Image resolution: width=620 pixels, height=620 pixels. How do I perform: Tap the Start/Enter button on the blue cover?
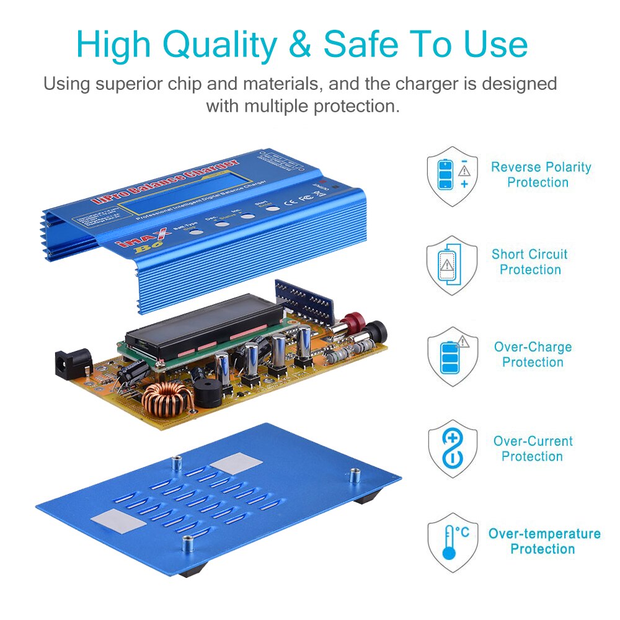(x=273, y=208)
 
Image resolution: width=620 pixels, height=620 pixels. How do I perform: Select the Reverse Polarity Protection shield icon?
(x=452, y=176)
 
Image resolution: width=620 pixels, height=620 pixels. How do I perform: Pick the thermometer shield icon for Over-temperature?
(x=452, y=541)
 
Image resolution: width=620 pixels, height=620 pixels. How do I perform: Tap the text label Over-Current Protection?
(x=533, y=449)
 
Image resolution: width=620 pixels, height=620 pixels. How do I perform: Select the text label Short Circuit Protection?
(x=529, y=262)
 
